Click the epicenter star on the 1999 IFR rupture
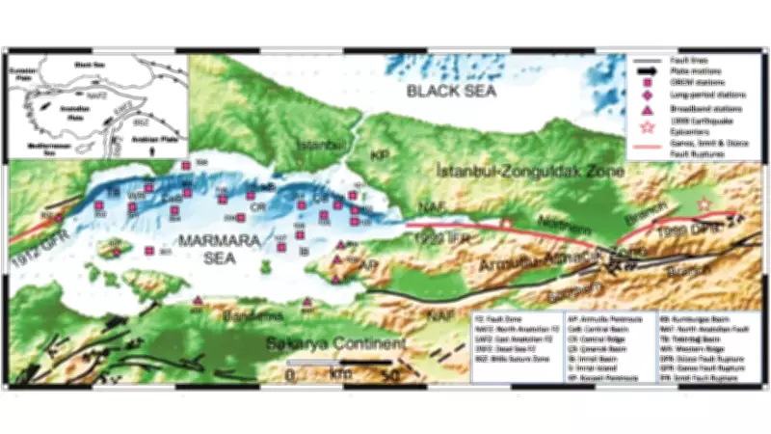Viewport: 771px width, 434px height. point(507,224)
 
